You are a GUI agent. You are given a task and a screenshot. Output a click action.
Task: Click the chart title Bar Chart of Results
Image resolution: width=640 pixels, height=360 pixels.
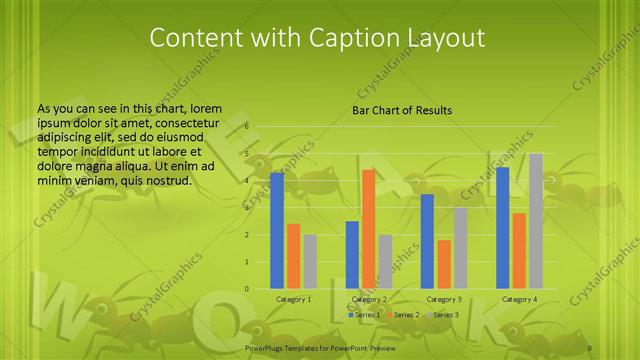click(402, 110)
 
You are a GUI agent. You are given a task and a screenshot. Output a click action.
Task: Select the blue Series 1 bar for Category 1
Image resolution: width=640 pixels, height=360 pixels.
click(277, 230)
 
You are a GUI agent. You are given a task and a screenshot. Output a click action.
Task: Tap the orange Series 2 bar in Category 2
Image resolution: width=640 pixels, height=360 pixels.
click(368, 229)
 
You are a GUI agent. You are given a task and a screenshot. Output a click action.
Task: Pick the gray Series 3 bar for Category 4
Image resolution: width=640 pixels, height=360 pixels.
click(535, 221)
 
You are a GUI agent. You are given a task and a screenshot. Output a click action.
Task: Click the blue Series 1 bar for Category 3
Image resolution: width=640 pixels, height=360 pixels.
click(427, 241)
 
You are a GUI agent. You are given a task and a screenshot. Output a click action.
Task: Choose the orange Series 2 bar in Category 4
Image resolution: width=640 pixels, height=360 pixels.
click(518, 251)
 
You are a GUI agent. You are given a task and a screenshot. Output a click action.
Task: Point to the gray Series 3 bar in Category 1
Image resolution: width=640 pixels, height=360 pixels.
click(310, 262)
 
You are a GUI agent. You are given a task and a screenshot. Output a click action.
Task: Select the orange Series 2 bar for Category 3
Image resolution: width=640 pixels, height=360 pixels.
click(444, 264)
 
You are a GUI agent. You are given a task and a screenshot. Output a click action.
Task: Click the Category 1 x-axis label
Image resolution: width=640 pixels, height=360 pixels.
click(293, 299)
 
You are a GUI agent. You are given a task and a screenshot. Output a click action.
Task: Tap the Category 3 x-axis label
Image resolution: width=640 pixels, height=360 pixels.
click(444, 299)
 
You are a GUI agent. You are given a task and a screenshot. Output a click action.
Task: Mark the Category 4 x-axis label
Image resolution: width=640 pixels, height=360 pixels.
click(519, 299)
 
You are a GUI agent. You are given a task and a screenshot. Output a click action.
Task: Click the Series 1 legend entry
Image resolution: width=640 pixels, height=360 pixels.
click(363, 315)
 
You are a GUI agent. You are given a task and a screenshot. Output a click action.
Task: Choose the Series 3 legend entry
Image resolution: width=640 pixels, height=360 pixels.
click(443, 315)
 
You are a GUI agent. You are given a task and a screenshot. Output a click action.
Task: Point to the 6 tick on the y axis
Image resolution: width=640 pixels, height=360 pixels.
click(246, 128)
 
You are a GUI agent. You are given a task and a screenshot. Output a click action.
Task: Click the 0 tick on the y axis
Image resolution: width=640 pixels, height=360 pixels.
click(246, 289)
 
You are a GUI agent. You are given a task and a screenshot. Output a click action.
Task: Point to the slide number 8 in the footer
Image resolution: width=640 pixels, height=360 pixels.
click(590, 347)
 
